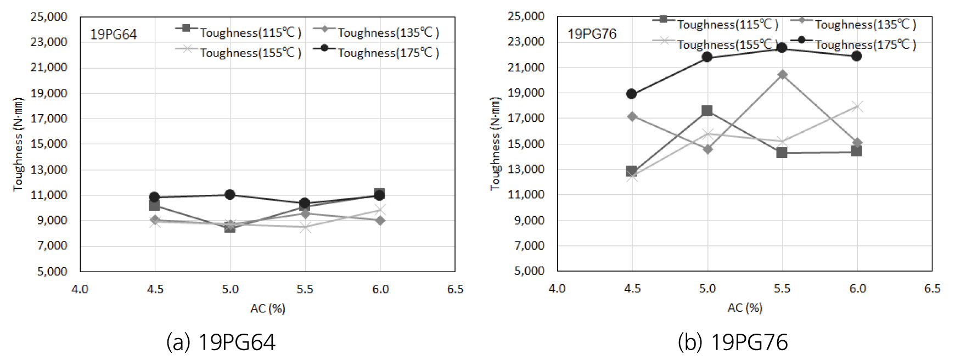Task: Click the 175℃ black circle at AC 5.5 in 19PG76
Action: (782, 48)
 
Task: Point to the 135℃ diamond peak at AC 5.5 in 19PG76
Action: (782, 75)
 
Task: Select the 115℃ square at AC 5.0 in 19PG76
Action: (707, 111)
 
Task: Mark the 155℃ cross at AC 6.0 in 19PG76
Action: (857, 106)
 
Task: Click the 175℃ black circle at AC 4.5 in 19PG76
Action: (632, 94)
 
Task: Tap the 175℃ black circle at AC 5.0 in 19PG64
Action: (230, 194)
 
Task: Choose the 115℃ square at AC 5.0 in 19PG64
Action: (230, 227)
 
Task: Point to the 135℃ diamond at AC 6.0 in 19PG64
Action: (380, 221)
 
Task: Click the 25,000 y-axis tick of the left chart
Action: (49, 17)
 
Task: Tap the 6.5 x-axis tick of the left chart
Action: (455, 289)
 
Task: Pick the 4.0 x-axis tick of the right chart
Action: (557, 289)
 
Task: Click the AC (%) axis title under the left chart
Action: (268, 308)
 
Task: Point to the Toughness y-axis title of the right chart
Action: (496, 144)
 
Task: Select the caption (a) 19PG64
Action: (221, 342)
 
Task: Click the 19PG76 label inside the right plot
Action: (592, 34)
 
